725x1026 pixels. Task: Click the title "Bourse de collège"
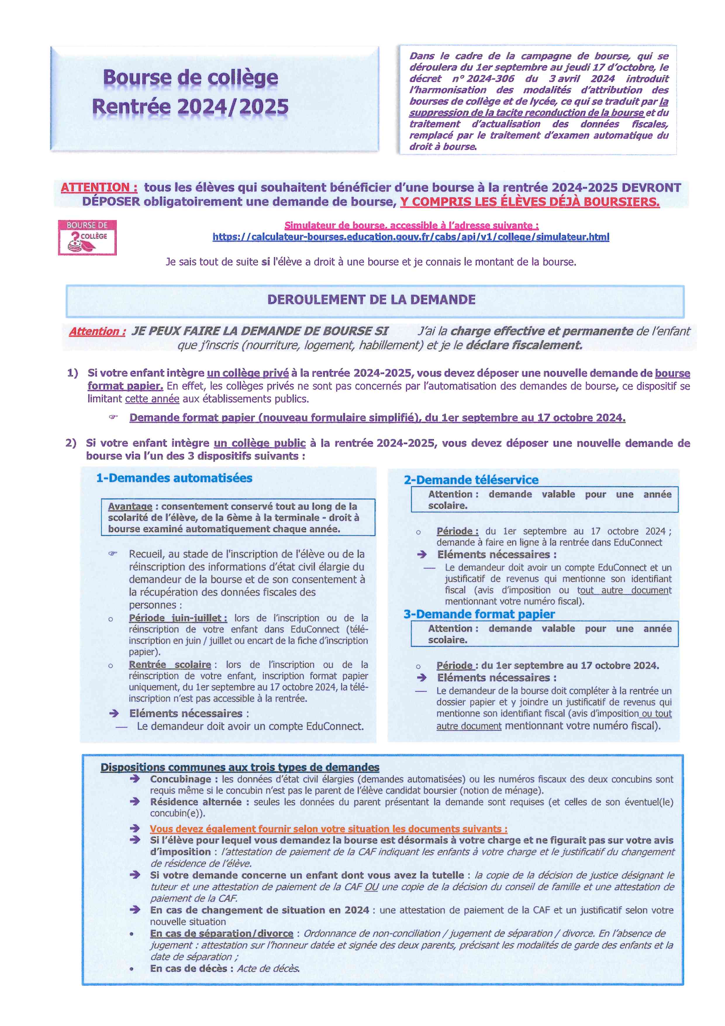point(190,78)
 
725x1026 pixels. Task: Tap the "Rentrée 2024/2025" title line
point(190,107)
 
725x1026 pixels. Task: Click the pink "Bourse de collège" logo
point(87,237)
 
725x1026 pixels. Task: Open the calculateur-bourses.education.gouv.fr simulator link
point(411,237)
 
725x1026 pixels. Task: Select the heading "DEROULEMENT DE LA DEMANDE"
point(372,299)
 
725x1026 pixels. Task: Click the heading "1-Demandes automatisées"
point(174,478)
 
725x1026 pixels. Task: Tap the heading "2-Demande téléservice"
point(471,480)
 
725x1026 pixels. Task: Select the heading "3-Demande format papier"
point(479,614)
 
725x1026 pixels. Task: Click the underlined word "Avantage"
point(130,506)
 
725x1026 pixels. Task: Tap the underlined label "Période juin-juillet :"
point(178,618)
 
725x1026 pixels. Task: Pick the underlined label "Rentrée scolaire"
point(170,664)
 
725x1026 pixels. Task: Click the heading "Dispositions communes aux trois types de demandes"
point(240,767)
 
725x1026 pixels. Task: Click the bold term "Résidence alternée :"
point(196,802)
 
